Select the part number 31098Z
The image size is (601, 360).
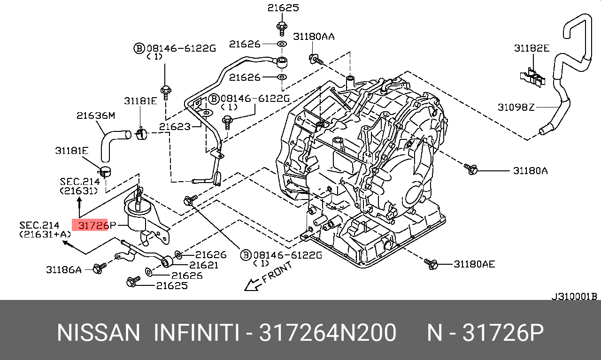pyautogui.click(x=516, y=107)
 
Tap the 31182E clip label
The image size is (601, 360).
pyautogui.click(x=531, y=48)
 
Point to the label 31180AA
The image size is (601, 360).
pyautogui.click(x=314, y=37)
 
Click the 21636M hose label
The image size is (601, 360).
pyautogui.click(x=96, y=115)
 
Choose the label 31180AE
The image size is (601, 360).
pyautogui.click(x=474, y=264)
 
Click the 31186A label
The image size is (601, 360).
pyautogui.click(x=64, y=269)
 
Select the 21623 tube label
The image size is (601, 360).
pyautogui.click(x=174, y=126)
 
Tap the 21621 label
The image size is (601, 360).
pyautogui.click(x=203, y=265)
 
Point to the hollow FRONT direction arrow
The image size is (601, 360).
pyautogui.click(x=252, y=284)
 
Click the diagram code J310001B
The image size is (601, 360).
pyautogui.click(x=574, y=296)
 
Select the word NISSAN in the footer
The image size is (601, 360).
pyautogui.click(x=99, y=333)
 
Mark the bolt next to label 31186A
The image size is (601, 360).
pyautogui.click(x=99, y=268)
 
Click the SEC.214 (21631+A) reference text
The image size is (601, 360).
pyautogui.click(x=46, y=230)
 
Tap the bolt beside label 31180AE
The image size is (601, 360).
pyautogui.click(x=431, y=264)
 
